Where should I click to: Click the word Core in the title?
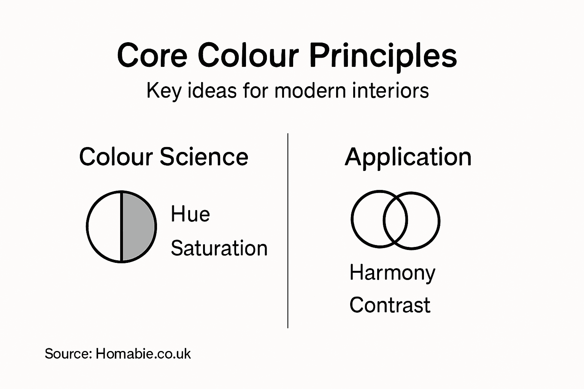coord(152,56)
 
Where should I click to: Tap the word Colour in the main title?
coord(248,56)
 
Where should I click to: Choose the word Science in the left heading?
coord(204,157)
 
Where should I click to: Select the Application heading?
coord(408,157)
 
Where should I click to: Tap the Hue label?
coord(190,214)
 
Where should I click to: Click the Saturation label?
coord(219,248)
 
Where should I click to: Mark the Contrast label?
coord(390,305)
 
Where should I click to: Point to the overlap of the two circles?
coord(395,220)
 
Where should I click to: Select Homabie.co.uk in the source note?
coord(143,354)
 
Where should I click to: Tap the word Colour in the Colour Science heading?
coord(116,157)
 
